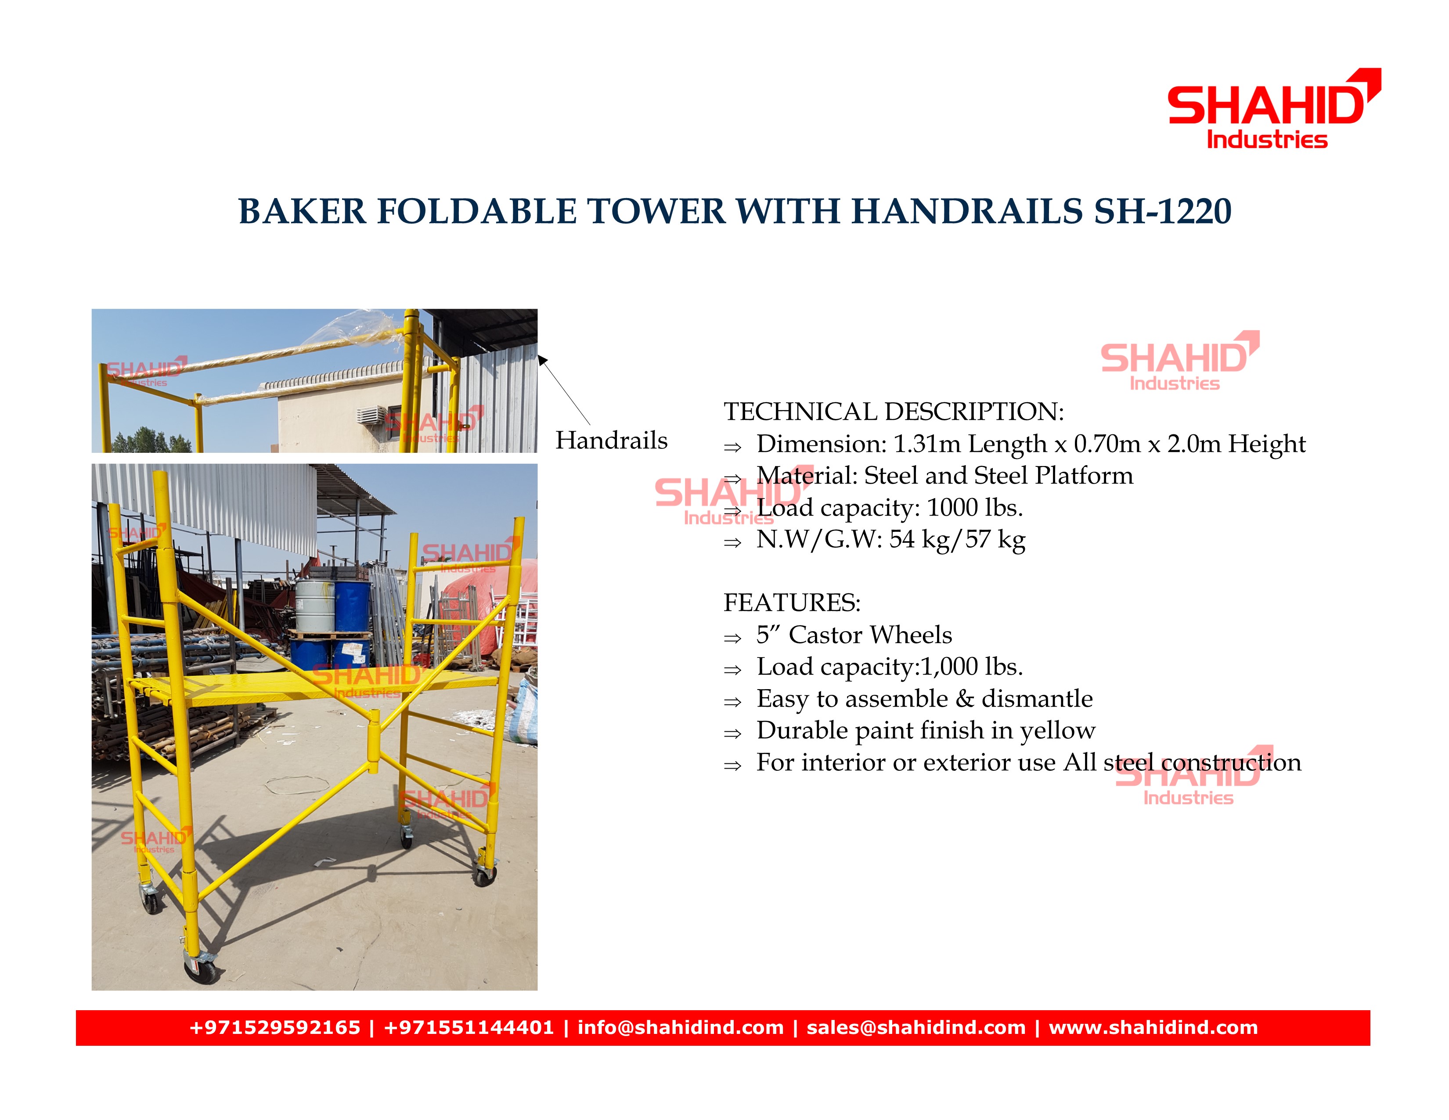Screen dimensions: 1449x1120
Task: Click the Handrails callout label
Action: [611, 441]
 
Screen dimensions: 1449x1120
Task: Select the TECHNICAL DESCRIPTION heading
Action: [894, 412]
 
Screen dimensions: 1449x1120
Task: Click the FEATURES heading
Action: [792, 603]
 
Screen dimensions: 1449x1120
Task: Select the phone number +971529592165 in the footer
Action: [275, 1028]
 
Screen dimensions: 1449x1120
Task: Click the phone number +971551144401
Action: [469, 1028]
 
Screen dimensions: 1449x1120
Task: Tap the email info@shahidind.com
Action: [681, 1028]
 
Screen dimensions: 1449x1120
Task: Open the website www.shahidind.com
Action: [1153, 1028]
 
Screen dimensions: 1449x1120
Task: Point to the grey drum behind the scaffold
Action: [315, 607]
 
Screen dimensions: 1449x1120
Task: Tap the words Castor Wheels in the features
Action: [870, 635]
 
